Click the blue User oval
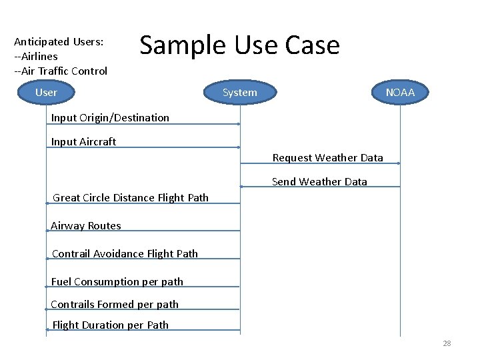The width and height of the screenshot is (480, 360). [46, 93]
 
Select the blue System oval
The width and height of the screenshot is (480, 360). [239, 93]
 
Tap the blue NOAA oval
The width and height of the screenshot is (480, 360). [400, 93]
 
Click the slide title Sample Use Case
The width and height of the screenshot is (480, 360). [239, 45]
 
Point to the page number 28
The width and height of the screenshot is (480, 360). [447, 343]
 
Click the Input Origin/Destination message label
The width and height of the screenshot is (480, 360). [110, 118]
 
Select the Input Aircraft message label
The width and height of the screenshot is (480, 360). [83, 142]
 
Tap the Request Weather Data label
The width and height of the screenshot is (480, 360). [327, 158]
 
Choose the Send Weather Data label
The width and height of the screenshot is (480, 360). [319, 182]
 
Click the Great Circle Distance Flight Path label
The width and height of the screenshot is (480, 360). [131, 197]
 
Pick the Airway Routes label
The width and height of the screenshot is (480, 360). [86, 226]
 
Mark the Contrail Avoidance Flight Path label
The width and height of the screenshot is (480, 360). [125, 253]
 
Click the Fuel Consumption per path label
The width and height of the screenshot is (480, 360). [117, 282]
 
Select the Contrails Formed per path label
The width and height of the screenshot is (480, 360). [115, 305]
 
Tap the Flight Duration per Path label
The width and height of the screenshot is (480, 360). [110, 325]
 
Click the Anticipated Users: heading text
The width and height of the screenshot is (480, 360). [59, 41]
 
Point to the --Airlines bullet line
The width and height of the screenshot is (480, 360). [36, 57]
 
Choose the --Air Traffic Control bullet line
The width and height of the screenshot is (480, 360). [61, 71]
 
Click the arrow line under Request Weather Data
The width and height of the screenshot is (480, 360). [320, 164]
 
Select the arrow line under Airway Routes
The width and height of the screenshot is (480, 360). [143, 231]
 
